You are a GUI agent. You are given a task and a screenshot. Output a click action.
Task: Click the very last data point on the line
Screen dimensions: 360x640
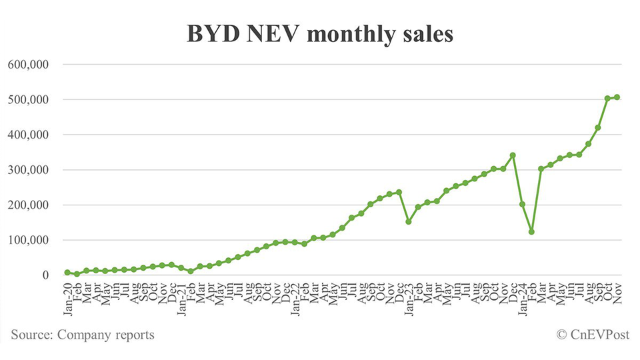pos(617,97)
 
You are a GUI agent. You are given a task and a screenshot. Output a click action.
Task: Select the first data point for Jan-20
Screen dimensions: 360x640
pos(67,272)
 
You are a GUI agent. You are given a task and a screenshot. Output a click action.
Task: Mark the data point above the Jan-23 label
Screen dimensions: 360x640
pos(408,221)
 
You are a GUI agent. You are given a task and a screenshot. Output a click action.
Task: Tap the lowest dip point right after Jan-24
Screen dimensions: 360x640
pos(531,231)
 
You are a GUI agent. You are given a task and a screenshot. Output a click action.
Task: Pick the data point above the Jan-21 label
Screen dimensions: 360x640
pos(181,267)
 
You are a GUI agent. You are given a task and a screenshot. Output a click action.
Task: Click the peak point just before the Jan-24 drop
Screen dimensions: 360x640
pos(512,155)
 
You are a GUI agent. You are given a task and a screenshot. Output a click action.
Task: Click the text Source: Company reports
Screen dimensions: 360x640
pos(83,335)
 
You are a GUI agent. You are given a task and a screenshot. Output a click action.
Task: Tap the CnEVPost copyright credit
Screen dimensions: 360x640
pos(592,335)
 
